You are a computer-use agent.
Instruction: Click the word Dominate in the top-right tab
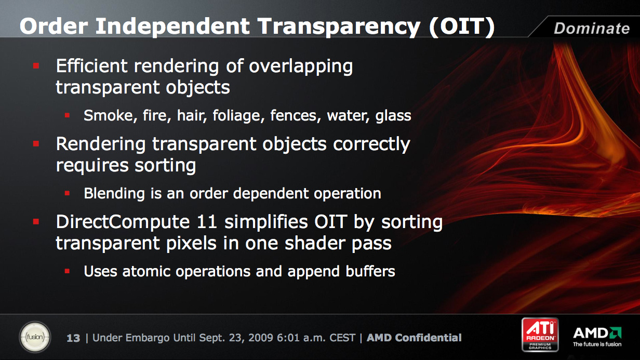point(592,28)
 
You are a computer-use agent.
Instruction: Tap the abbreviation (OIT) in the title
point(462,26)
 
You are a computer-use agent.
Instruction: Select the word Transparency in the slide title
point(339,27)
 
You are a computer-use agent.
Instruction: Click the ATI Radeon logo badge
point(540,335)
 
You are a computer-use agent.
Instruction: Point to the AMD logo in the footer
point(597,333)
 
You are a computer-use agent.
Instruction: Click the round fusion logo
point(35,337)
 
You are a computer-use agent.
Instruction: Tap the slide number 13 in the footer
point(73,338)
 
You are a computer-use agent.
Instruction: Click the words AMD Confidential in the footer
point(414,338)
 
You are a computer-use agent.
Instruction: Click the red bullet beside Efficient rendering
point(36,66)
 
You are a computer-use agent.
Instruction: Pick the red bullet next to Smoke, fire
point(67,115)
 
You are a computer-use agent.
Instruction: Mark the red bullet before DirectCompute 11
point(36,222)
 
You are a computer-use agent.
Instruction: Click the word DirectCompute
point(123,222)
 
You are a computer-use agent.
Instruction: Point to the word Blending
point(114,194)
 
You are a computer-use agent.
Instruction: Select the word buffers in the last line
point(370,271)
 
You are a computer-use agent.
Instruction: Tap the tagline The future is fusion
point(597,344)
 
